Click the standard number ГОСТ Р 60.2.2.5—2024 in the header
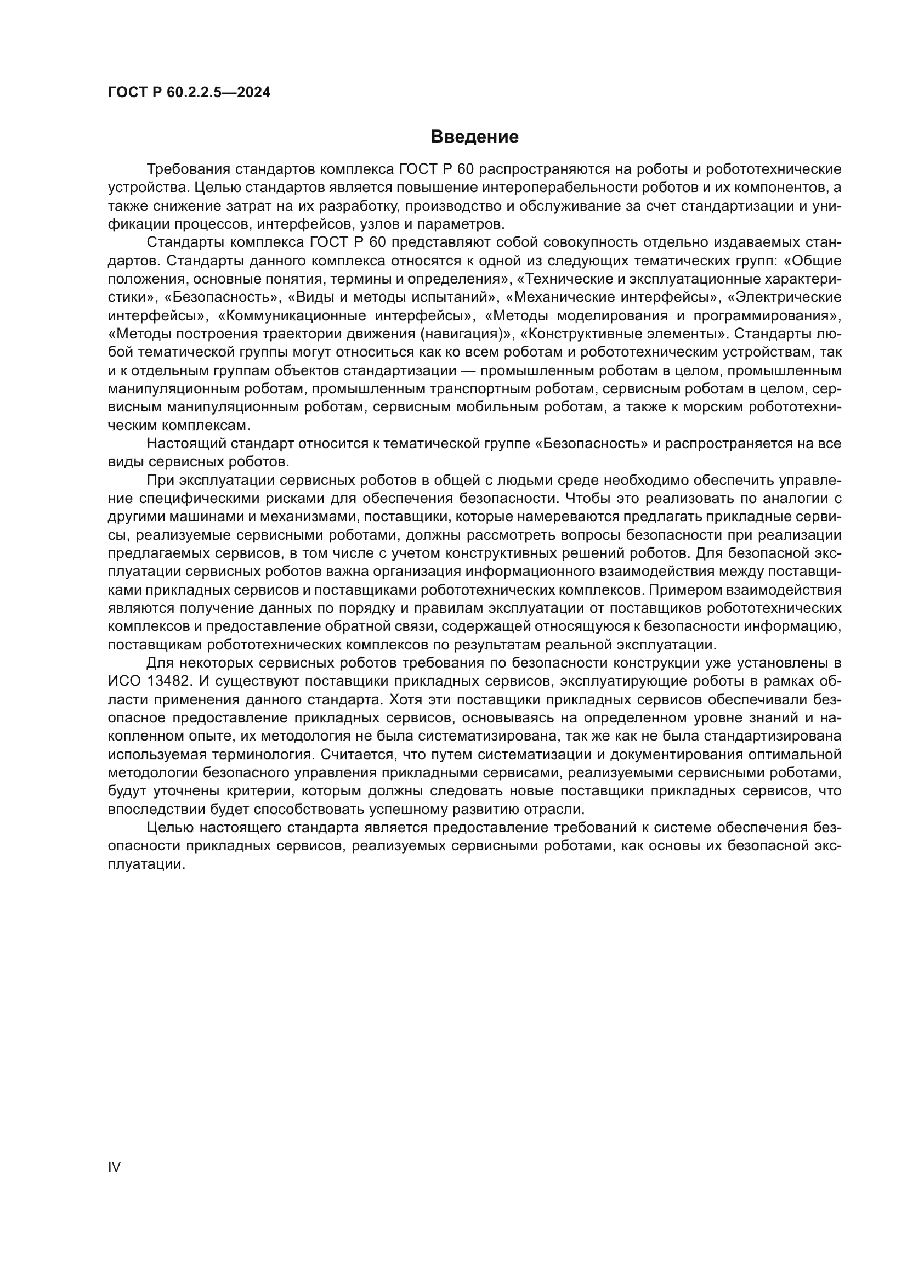coord(189,93)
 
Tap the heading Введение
coord(474,137)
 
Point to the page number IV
coord(114,1167)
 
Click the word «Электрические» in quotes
coord(785,297)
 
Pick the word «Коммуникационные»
coord(290,316)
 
